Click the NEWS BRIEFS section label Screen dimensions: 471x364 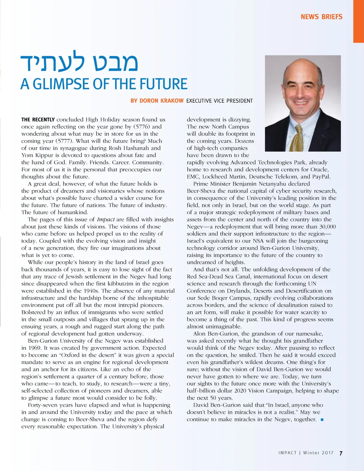pyautogui.click(x=321, y=17)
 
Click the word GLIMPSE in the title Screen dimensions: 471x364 pyautogui.click(x=62, y=84)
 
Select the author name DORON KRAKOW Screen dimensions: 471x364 pyautogui.click(x=157, y=101)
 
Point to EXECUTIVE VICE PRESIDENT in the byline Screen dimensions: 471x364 pyautogui.click(x=219, y=101)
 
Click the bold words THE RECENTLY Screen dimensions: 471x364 pyautogui.click(x=38, y=120)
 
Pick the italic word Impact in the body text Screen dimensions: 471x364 pyautogui.click(x=106, y=220)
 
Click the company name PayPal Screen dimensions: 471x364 pyautogui.click(x=321, y=177)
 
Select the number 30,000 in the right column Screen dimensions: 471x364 pyautogui.click(x=327, y=227)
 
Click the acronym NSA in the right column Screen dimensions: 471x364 pyautogui.click(x=258, y=241)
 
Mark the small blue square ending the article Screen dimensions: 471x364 pyautogui.click(x=322, y=420)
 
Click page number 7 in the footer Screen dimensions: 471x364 pyautogui.click(x=341, y=453)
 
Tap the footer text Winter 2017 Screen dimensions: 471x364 pyautogui.click(x=318, y=453)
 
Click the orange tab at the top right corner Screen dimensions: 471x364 pyautogui.click(x=358, y=21)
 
